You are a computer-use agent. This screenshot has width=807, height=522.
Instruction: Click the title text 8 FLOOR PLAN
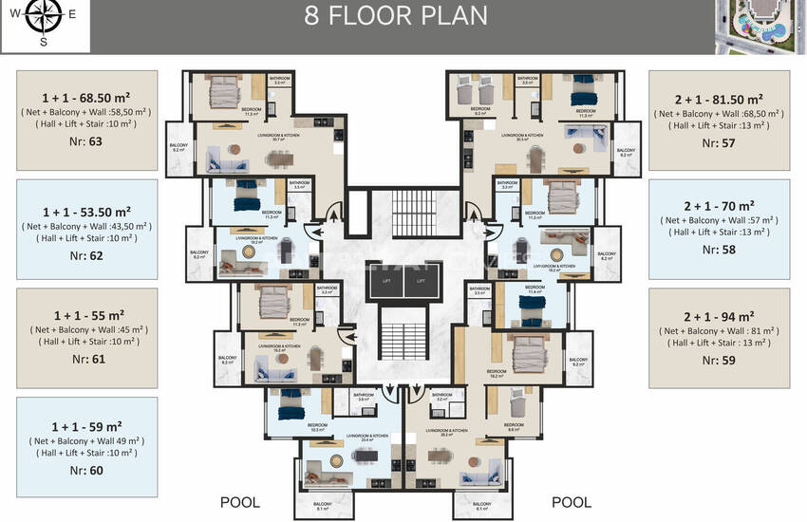(395, 16)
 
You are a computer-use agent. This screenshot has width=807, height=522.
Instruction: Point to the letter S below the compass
(43, 42)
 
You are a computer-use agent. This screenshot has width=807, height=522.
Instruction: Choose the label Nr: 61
(86, 360)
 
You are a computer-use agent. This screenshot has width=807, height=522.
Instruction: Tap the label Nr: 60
(86, 471)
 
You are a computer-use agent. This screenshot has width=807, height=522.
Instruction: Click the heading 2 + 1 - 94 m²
(719, 315)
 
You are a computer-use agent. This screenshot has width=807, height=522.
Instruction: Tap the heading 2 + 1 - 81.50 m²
(719, 99)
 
